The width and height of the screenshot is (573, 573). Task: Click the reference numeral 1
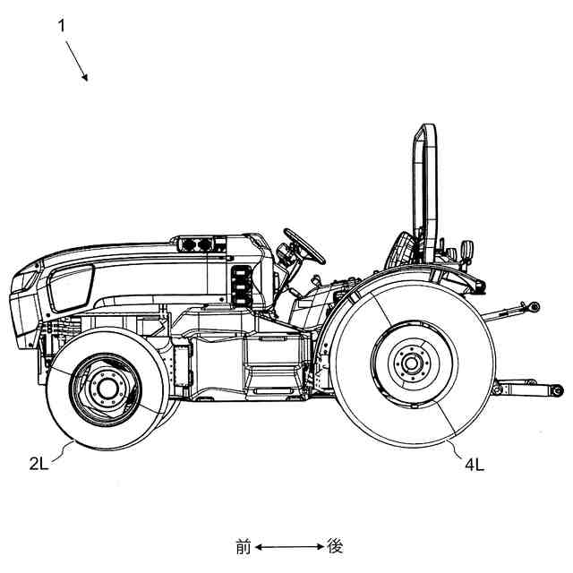click(62, 25)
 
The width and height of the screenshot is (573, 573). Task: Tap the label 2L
click(39, 463)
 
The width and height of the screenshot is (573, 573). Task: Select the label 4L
click(475, 464)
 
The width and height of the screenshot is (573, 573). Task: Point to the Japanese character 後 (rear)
click(335, 546)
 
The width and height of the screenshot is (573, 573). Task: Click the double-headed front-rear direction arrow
click(289, 546)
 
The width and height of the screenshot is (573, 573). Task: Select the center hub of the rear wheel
click(412, 363)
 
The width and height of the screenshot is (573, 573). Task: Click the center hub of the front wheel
click(107, 388)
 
